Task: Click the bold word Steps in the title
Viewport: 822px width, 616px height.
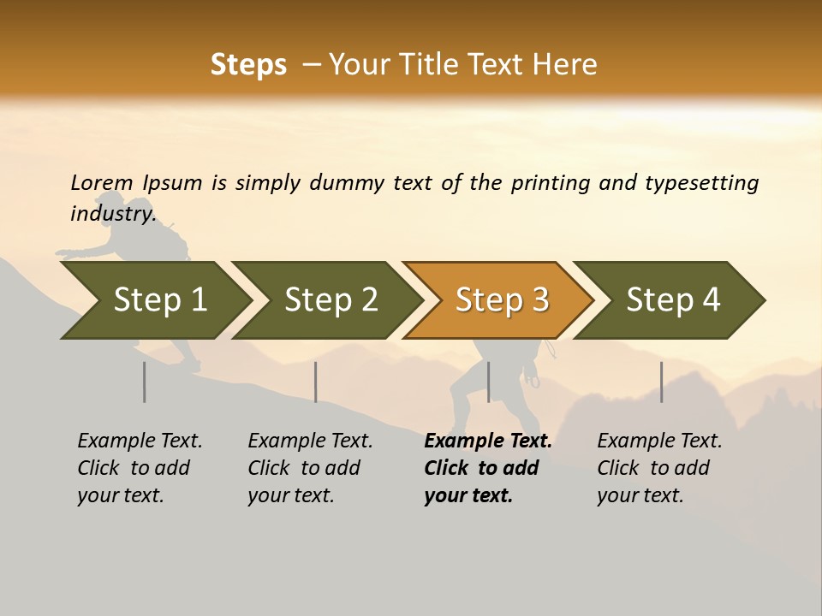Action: [248, 65]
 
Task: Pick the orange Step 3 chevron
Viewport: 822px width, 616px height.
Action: [502, 300]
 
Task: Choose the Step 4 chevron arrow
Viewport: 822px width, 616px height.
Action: [673, 300]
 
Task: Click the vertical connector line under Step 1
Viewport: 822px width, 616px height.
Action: [145, 382]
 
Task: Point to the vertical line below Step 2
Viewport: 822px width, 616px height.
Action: [316, 382]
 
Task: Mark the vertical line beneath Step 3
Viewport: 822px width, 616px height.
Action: [488, 382]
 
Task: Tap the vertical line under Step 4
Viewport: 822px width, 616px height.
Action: [661, 382]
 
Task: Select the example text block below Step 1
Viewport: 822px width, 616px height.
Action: [140, 468]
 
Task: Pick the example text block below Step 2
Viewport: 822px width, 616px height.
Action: [310, 468]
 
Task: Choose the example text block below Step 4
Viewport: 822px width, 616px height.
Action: [658, 468]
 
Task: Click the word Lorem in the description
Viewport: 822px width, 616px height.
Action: [102, 183]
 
